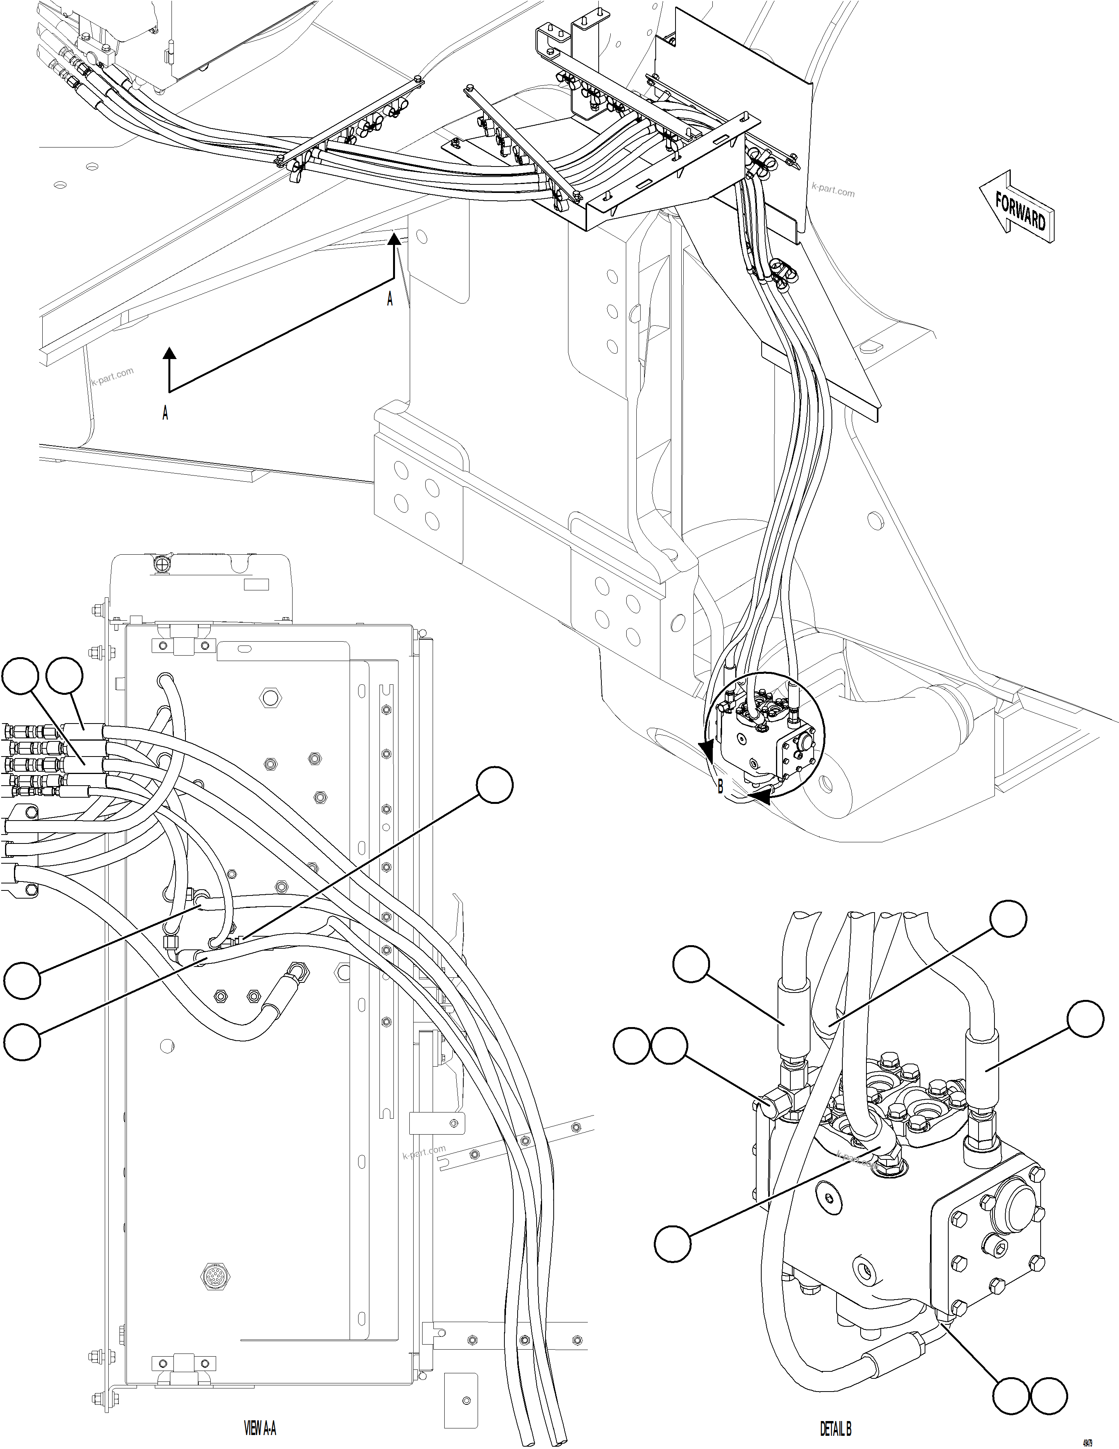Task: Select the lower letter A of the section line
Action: [165, 413]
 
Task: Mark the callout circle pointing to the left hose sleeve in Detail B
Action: [691, 965]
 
